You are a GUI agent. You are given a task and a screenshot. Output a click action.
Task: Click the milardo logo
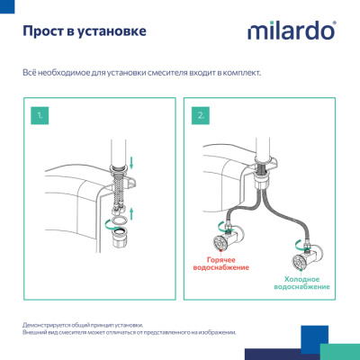pyautogui.click(x=292, y=32)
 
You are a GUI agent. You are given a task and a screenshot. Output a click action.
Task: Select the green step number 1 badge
pyautogui.click(x=40, y=116)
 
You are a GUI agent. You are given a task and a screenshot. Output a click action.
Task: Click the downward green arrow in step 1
pyautogui.click(x=133, y=163)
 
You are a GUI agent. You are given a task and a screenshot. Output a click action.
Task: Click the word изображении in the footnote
pyautogui.click(x=217, y=331)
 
